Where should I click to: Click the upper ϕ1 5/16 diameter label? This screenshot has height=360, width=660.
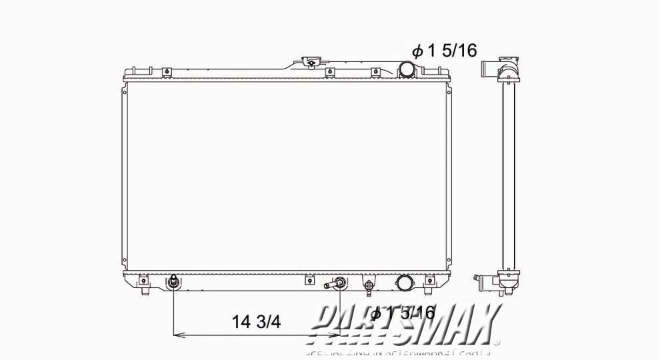444,50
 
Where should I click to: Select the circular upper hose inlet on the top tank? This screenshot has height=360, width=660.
407,69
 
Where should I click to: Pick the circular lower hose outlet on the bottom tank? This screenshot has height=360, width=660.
404,283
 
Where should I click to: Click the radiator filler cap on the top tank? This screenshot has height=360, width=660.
310,63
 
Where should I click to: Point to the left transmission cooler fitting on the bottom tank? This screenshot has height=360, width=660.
173,282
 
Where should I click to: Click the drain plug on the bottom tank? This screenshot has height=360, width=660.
368,285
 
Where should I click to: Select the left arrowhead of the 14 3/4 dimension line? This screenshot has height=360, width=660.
177,335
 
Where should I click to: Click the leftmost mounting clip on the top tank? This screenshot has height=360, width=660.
133,71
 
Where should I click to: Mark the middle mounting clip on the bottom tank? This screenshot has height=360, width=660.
309,280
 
